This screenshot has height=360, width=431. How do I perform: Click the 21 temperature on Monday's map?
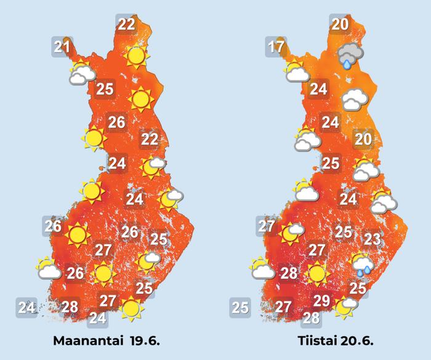click(62, 47)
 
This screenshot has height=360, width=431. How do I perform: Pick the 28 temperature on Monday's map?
click(70, 306)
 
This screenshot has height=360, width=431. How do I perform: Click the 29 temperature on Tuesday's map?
click(321, 301)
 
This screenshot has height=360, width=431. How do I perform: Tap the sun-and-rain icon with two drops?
click(363, 263)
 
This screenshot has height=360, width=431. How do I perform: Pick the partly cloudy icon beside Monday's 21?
click(83, 73)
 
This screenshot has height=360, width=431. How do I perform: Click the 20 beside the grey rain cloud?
click(339, 25)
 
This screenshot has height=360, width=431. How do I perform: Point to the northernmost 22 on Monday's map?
click(126, 25)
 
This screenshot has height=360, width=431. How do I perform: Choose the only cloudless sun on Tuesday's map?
click(317, 272)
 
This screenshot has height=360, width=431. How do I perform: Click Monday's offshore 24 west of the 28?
click(26, 306)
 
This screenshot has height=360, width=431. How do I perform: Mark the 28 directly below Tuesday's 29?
click(312, 318)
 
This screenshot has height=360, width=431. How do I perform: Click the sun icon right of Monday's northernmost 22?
click(136, 57)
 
